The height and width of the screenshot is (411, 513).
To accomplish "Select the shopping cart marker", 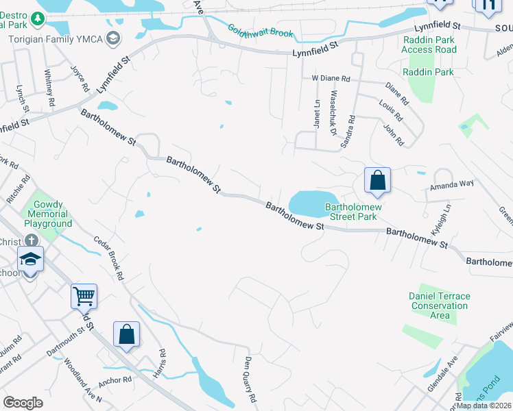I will pos(84,297).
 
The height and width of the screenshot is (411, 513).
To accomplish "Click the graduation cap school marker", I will pos(29,259).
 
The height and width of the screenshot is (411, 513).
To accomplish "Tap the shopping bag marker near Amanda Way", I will pos(377,181).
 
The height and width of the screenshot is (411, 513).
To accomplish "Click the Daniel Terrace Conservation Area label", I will pos(440,306).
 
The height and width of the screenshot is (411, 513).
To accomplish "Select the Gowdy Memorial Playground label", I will pos(48,214).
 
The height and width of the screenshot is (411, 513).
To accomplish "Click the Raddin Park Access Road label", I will pos(429,45).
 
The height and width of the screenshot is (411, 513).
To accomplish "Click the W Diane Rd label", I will pos(331,78).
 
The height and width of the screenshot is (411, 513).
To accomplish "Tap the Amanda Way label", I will pos(452,184).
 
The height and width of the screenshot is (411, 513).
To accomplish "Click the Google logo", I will pos(23,403).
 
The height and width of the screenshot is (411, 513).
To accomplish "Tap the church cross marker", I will pos(30,240).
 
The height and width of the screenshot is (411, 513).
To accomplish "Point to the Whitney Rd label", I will pos(49,87).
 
